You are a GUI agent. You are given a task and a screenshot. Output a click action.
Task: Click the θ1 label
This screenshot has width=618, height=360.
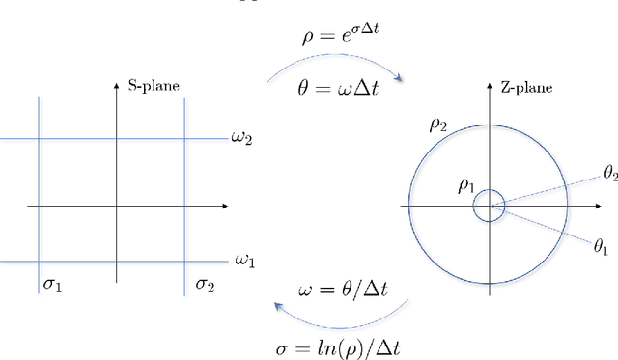[600, 248]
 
